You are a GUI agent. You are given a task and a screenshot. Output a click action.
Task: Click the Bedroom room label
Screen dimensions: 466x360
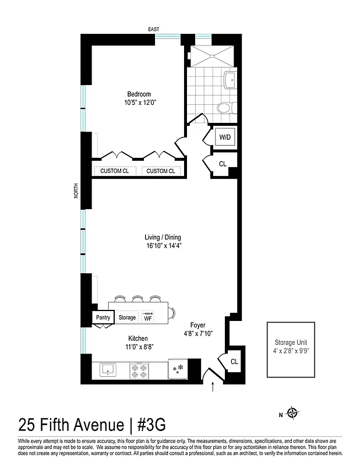139,94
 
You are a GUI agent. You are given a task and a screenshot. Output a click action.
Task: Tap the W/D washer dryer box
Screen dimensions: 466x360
225,137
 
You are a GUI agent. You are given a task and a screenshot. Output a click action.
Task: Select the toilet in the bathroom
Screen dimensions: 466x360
225,108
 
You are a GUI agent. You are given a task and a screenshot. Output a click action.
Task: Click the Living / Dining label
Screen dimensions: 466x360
163,237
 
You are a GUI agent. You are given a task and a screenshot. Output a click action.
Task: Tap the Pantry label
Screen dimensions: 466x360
103,317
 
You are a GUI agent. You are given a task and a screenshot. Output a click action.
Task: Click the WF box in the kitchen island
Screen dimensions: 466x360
148,317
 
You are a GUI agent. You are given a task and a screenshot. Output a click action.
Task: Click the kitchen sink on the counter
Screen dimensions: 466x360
107,369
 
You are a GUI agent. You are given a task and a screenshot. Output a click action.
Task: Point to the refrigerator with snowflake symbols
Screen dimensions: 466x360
178,368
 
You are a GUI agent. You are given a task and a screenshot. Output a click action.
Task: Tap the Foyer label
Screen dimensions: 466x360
197,325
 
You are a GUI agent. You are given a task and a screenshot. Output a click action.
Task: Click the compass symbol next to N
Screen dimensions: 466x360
292,414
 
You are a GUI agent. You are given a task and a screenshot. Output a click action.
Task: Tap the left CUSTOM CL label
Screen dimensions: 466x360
115,171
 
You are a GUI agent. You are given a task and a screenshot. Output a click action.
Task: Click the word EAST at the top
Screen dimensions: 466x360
154,29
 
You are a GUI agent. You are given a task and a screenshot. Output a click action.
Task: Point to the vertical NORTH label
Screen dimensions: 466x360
76,192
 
